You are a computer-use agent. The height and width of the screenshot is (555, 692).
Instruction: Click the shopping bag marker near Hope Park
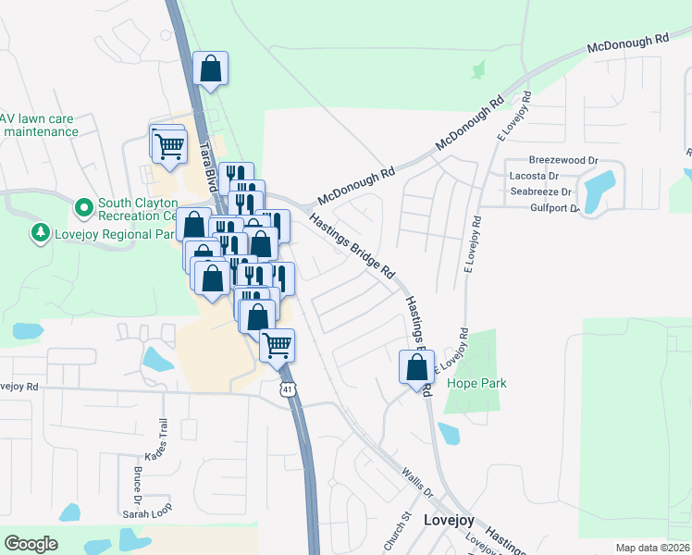(x=417, y=366)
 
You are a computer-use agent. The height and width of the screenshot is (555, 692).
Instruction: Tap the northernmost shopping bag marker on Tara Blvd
(x=211, y=68)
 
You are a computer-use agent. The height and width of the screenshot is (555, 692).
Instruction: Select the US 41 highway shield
(x=289, y=392)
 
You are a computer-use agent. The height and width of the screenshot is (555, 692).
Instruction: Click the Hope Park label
(x=476, y=383)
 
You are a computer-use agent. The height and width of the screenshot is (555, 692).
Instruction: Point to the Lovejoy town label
(x=449, y=520)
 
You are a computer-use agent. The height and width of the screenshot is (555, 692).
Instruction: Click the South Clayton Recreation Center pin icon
(x=83, y=205)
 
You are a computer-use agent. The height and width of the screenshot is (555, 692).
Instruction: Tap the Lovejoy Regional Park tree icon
(x=40, y=233)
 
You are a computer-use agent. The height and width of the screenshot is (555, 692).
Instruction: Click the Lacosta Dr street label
(x=535, y=176)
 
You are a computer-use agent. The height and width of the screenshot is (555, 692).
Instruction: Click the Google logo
(x=31, y=544)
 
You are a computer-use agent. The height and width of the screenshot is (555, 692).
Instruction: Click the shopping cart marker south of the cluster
(x=277, y=346)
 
